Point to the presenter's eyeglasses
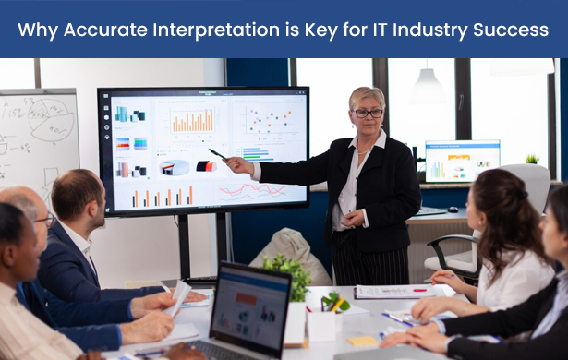367,112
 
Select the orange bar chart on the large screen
193,120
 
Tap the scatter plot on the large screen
269,118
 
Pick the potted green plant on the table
288,272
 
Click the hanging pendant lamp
427,88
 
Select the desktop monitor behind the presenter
462,161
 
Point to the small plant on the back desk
532,159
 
